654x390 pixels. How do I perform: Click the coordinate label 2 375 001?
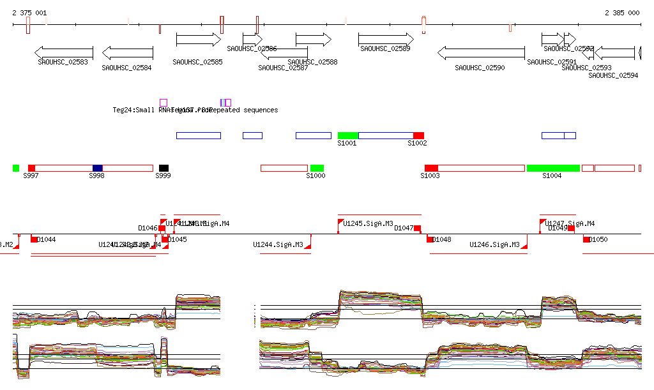pyautogui.click(x=29, y=13)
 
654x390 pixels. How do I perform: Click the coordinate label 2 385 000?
pyautogui.click(x=621, y=13)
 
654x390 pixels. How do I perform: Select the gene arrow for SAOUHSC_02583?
pyautogui.click(x=64, y=52)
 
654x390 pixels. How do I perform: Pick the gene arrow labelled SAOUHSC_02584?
pyautogui.click(x=128, y=52)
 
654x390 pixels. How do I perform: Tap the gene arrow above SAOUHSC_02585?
pyautogui.click(x=198, y=40)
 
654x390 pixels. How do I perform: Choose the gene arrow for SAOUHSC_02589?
pyautogui.click(x=386, y=40)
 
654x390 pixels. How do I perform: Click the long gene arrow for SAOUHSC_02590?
pyautogui.click(x=481, y=52)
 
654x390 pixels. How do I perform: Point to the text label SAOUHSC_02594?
pyautogui.click(x=613, y=75)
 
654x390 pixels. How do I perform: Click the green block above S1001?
pyautogui.click(x=348, y=135)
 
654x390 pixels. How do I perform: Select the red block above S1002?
pyautogui.click(x=418, y=135)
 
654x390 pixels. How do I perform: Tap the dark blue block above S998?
pyautogui.click(x=97, y=168)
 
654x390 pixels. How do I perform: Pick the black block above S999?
pyautogui.click(x=164, y=168)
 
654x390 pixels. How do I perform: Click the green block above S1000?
pyautogui.click(x=317, y=168)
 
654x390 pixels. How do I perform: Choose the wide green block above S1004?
pyautogui.click(x=553, y=168)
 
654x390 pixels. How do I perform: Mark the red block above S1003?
pyautogui.click(x=431, y=168)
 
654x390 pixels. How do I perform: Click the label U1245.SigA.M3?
pyautogui.click(x=369, y=224)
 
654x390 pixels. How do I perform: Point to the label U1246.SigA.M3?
pyautogui.click(x=494, y=244)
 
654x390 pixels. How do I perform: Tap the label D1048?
pyautogui.click(x=442, y=240)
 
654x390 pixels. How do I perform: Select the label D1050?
pyautogui.click(x=598, y=240)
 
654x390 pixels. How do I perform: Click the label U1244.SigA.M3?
pyautogui.click(x=278, y=244)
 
